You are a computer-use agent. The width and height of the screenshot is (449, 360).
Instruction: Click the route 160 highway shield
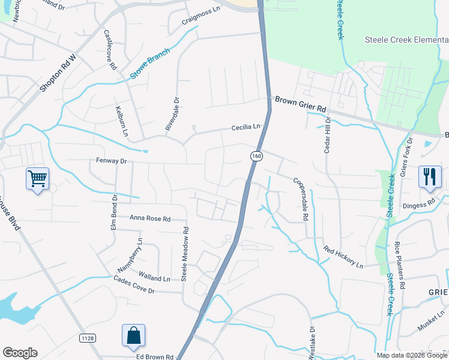coord(256,156)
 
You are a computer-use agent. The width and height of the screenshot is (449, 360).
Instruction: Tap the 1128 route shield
coord(87,338)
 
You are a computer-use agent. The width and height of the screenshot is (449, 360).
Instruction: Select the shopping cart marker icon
coord(37,178)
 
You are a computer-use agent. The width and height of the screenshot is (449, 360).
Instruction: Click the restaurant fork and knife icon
coord(430,176)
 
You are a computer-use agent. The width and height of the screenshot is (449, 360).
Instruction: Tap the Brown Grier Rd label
coord(300,105)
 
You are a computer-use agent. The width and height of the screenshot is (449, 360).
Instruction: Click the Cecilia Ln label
coord(247,127)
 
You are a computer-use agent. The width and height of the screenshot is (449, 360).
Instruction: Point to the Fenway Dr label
coord(112,161)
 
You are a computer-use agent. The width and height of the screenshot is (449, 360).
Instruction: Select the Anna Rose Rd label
coord(150,219)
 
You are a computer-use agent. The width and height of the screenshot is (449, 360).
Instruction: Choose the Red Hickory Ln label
coord(343,257)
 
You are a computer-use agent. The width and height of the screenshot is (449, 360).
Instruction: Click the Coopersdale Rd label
coord(300,199)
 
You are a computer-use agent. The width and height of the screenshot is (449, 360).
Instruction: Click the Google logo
coord(20,353)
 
